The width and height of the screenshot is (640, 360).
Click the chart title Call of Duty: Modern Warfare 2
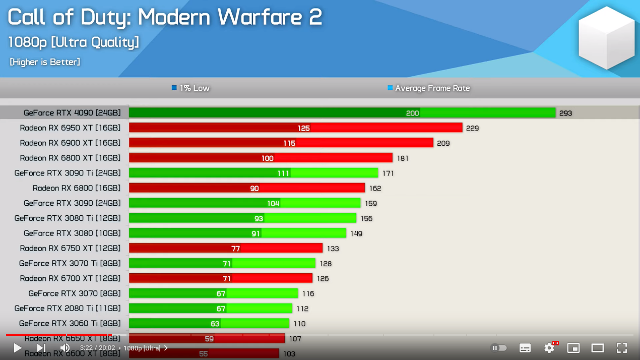pos(165,17)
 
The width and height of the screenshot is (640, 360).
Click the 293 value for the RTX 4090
pos(565,113)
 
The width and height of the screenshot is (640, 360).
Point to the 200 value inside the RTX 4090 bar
pos(412,113)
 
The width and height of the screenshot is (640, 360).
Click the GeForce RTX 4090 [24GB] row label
pos(72,113)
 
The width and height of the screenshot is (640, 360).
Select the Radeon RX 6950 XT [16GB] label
pos(70,128)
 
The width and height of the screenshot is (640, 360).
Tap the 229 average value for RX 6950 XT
pos(472,129)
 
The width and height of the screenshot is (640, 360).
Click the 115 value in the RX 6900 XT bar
pos(289,144)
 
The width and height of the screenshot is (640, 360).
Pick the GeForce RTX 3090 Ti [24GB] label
pos(68,173)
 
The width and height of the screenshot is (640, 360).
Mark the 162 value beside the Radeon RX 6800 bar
pos(375,189)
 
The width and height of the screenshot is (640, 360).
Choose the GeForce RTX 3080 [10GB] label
pos(72,233)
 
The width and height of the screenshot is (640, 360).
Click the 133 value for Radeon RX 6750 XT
pos(333,249)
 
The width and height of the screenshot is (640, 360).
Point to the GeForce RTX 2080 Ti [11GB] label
pos(68,309)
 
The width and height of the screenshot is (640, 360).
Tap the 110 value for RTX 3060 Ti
pos(299,324)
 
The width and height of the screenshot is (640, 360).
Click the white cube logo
pos(606,38)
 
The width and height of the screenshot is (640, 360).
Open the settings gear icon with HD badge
pos(549,348)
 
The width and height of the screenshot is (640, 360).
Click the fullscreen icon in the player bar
pos(622,348)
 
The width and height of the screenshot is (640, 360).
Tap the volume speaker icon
pos(65,348)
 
